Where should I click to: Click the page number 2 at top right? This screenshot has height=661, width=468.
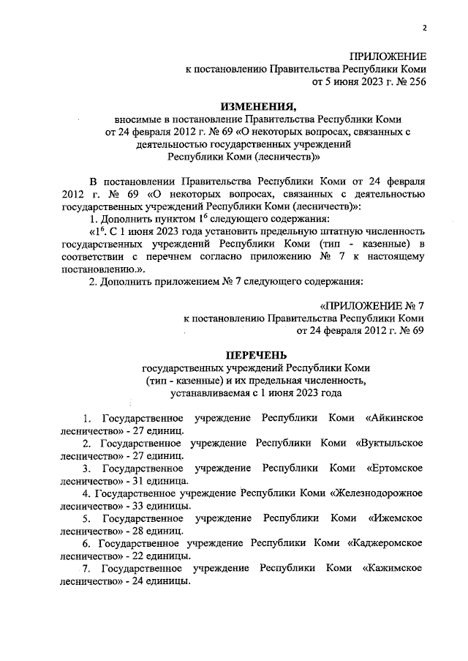click(x=423, y=28)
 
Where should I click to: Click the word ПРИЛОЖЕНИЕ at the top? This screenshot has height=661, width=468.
click(x=388, y=56)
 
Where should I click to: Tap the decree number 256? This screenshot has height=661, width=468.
click(x=415, y=81)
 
